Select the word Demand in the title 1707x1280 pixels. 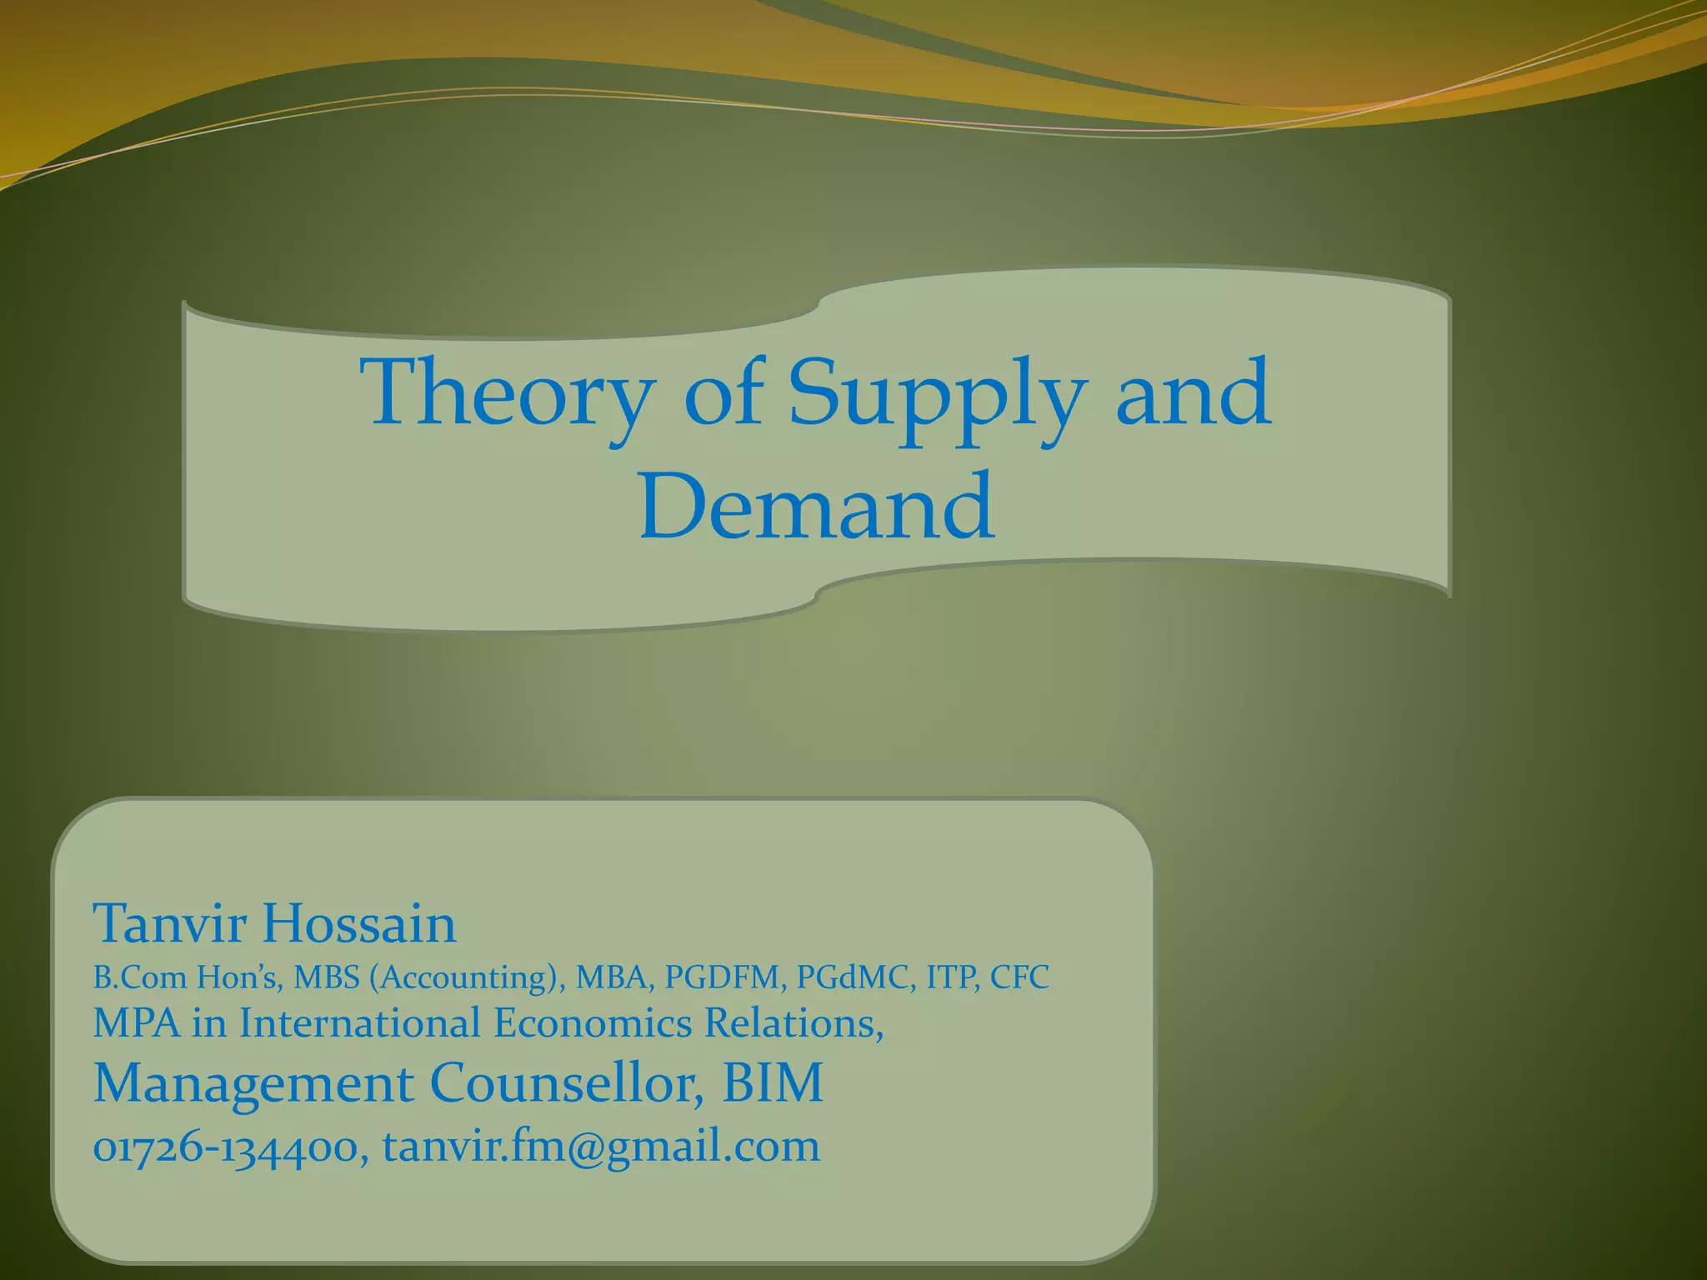[x=816, y=507]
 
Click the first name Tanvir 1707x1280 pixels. [x=169, y=923]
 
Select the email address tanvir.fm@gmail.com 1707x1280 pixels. [x=601, y=1147]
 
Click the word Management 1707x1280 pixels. [x=253, y=1083]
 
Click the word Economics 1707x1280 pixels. [x=592, y=1023]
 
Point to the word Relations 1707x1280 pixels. [x=793, y=1023]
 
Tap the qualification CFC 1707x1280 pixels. [x=1019, y=977]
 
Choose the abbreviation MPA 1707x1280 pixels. [x=136, y=1023]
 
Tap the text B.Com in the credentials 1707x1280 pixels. [x=139, y=977]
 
